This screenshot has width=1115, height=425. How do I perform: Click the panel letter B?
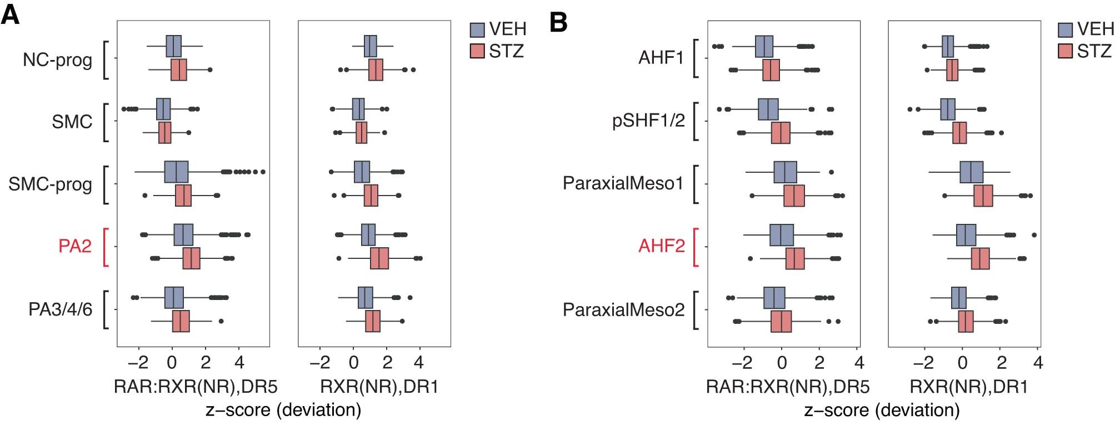(x=558, y=22)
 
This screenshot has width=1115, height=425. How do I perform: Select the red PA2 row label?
(x=75, y=246)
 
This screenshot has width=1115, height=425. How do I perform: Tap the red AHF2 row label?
(x=661, y=246)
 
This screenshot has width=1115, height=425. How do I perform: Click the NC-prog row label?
(x=57, y=59)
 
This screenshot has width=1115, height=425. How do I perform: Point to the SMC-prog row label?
(x=50, y=184)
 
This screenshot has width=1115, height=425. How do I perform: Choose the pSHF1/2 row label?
(x=648, y=121)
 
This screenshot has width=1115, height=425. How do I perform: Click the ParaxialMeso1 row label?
(x=623, y=183)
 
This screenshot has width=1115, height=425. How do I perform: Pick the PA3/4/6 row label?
(x=60, y=309)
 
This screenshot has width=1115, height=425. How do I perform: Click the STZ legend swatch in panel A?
(x=477, y=51)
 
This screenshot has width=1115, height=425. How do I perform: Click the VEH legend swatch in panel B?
(x=1065, y=29)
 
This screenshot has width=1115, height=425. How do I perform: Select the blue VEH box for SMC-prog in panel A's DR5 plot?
(x=176, y=172)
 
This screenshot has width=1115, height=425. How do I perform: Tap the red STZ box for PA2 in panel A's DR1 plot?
(x=379, y=258)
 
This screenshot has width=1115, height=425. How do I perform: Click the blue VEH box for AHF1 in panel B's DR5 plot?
(x=764, y=46)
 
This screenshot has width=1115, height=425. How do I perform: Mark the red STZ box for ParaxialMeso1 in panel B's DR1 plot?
(x=983, y=196)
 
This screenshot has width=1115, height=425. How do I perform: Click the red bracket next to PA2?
(x=105, y=247)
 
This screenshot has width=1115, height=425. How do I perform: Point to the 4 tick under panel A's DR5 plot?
(x=239, y=363)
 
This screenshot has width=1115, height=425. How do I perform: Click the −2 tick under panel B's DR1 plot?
(x=923, y=363)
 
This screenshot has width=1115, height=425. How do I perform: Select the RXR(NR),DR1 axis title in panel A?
(x=379, y=387)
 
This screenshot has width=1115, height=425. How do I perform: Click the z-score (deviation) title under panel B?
(x=882, y=410)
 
